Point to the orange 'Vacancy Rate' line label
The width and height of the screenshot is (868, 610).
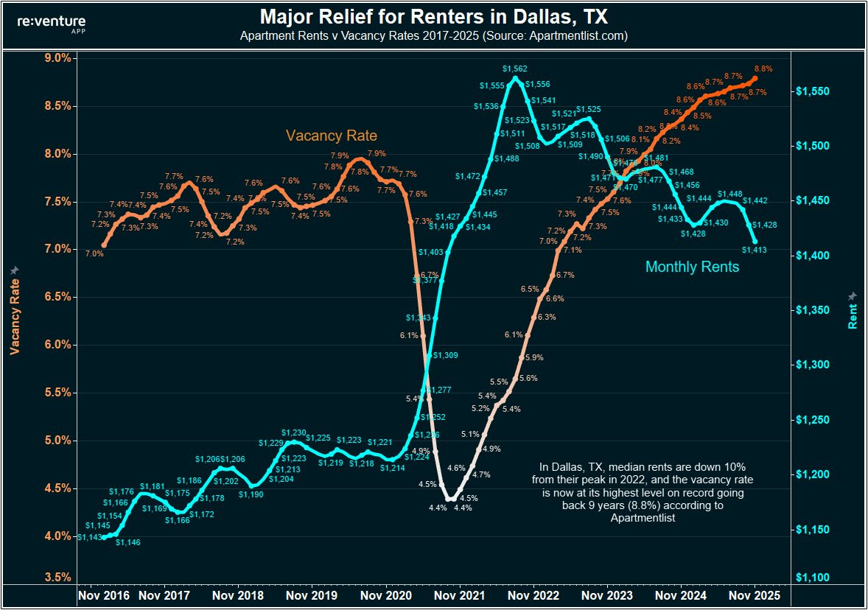(x=331, y=136)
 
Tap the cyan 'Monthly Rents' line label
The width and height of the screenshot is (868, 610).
(x=692, y=267)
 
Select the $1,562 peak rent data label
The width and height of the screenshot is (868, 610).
(x=515, y=69)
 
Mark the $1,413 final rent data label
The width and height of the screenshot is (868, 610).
(x=755, y=250)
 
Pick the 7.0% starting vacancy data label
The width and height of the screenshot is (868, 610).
(x=94, y=253)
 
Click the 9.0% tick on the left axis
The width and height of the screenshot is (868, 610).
(x=56, y=58)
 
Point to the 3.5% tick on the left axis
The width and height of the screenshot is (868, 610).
(x=56, y=577)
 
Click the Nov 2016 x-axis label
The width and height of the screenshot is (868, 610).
(x=104, y=595)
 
